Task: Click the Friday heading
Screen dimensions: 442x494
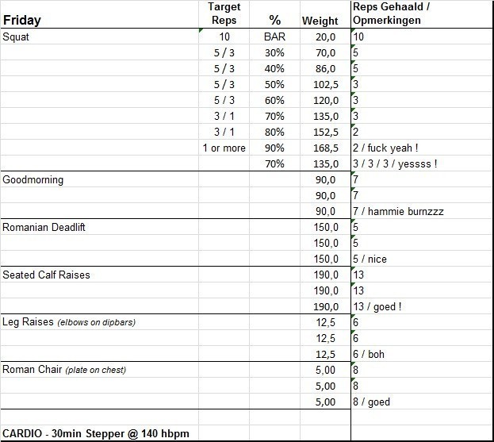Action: (21, 20)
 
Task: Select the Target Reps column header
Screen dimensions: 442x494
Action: (224, 13)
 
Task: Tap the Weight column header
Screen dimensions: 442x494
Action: (320, 21)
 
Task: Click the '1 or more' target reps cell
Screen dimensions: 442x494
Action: (224, 148)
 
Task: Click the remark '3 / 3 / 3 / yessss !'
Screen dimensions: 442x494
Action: (395, 163)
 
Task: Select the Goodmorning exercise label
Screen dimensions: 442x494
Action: (33, 179)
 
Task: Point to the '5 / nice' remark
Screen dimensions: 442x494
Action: (370, 259)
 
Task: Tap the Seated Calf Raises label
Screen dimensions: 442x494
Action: (46, 275)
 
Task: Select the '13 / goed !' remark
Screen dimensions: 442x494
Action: (377, 306)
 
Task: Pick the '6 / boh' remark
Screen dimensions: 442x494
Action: (369, 354)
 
